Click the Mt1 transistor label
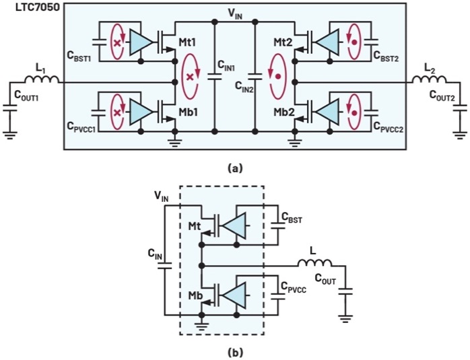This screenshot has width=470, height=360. (187, 41)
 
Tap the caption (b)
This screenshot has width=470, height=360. (235, 351)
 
